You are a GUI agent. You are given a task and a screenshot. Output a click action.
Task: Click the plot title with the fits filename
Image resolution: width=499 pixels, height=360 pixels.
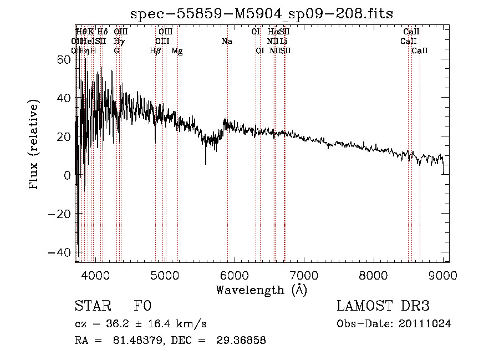[x=262, y=14]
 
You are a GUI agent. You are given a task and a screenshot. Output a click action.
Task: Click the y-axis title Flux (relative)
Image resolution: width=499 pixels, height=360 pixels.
[x=34, y=145]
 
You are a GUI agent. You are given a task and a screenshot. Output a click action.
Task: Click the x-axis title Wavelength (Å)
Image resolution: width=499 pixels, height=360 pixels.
[x=261, y=290]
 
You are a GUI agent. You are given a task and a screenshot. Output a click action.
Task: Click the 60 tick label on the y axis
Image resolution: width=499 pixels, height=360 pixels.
[x=64, y=59]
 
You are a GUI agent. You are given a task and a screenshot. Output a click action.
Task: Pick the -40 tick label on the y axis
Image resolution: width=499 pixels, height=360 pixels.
[x=60, y=252]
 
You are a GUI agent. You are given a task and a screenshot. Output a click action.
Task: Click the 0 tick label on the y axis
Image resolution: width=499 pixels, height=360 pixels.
[x=67, y=175]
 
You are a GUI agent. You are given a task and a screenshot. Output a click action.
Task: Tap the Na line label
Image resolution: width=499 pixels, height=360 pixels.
[x=227, y=42]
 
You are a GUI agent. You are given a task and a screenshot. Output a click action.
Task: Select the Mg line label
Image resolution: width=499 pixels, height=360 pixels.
[x=177, y=51]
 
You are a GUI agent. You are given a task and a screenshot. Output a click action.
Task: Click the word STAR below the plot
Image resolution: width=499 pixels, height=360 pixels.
[x=92, y=306]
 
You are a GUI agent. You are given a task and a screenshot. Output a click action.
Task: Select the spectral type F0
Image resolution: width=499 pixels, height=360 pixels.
[x=142, y=306]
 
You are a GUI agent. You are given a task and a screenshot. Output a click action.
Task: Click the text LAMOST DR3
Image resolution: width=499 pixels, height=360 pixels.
[x=383, y=306]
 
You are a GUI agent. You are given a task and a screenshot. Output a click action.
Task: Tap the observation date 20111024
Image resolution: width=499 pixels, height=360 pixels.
[x=427, y=324]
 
